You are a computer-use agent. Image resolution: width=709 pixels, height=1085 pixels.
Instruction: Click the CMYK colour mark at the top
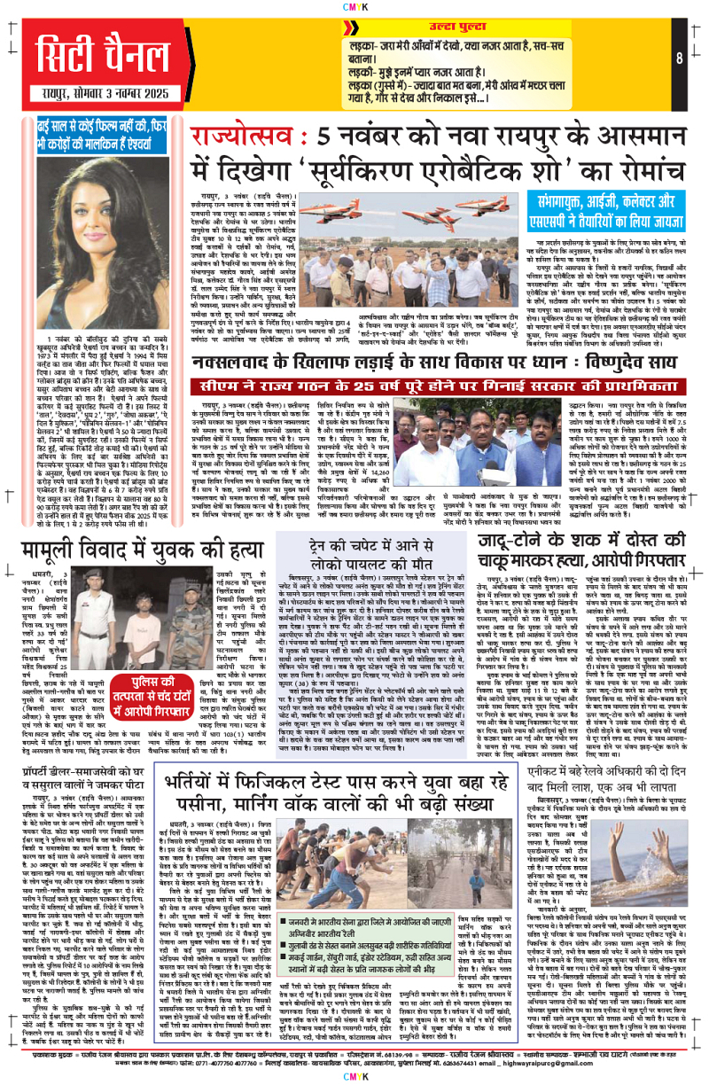[x=354, y=6]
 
